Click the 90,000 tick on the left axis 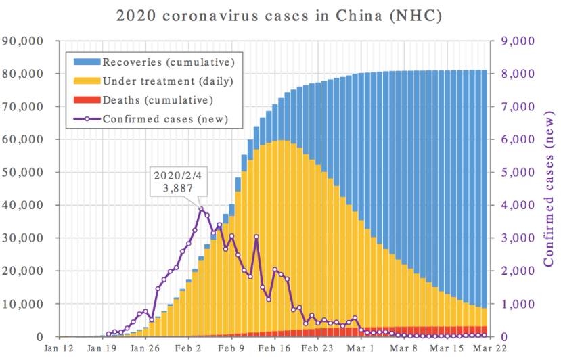pos(22,41)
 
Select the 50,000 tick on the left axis pos(22,173)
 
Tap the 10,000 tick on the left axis pos(22,304)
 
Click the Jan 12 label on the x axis pos(59,349)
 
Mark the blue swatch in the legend pos(87,62)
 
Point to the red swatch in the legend pos(87,100)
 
